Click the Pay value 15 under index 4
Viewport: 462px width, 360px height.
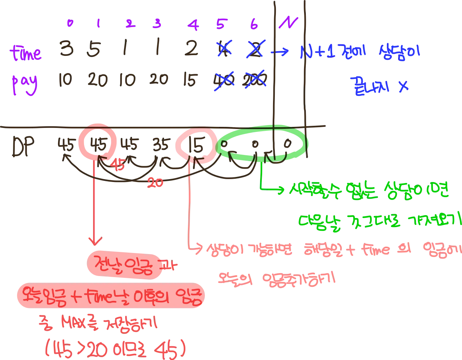click(191, 80)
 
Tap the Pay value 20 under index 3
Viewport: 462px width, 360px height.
click(158, 80)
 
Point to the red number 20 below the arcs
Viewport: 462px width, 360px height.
click(155, 183)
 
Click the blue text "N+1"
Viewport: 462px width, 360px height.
click(316, 53)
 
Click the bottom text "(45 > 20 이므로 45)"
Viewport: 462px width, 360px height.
click(115, 348)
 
